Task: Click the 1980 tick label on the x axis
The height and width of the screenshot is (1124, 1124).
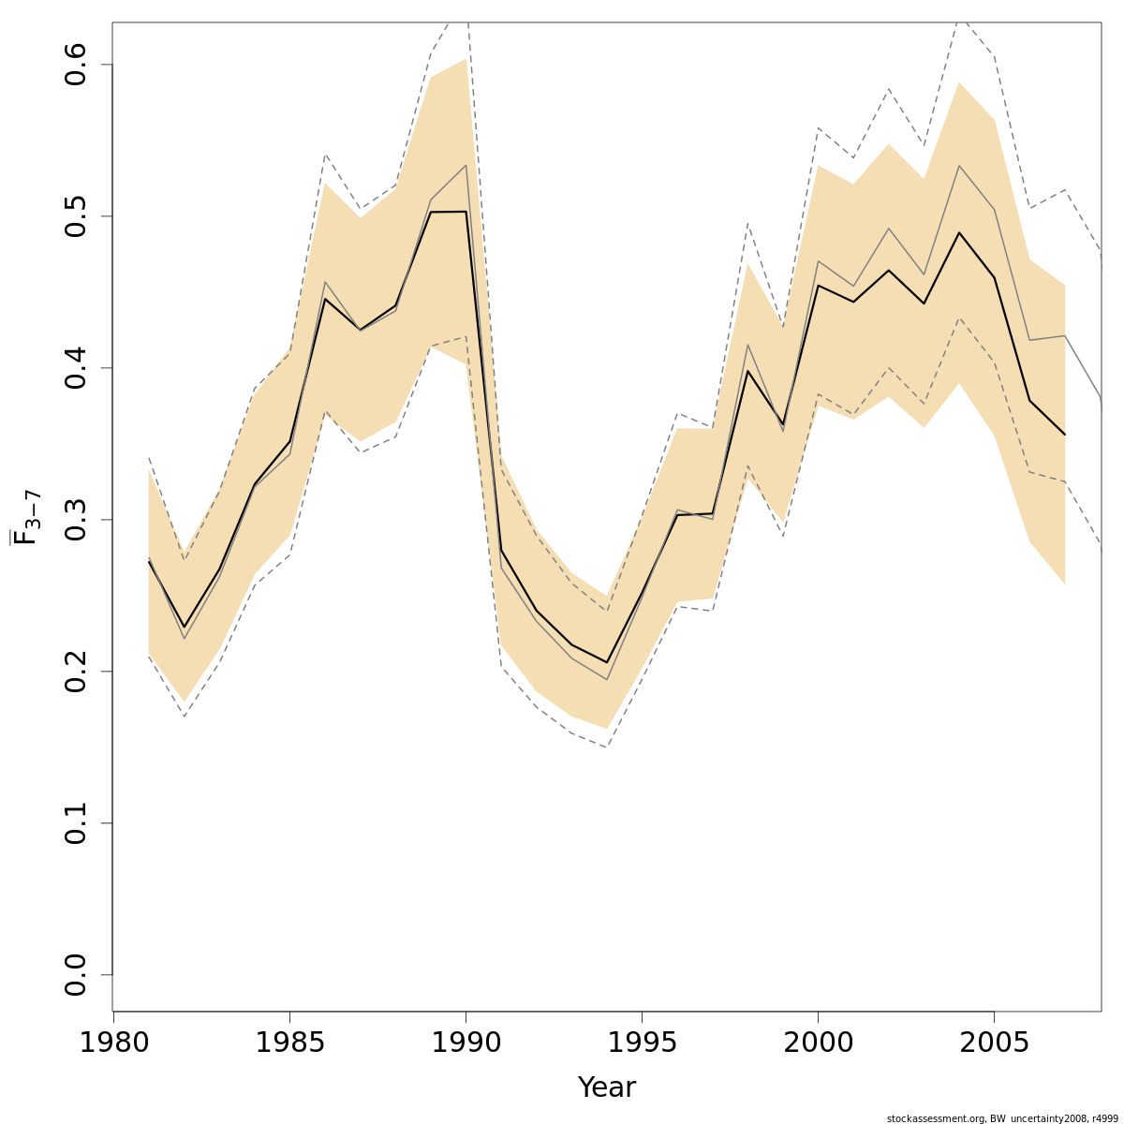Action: click(x=113, y=1043)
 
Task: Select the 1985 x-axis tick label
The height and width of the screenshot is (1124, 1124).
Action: click(x=289, y=1043)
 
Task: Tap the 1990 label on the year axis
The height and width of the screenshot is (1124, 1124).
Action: click(x=466, y=1043)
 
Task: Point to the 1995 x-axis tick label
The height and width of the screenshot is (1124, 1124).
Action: click(x=642, y=1043)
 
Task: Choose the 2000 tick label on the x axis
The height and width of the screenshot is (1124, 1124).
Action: click(x=818, y=1043)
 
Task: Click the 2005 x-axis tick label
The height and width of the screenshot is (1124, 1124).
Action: click(x=994, y=1043)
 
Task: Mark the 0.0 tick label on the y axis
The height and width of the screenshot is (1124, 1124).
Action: click(x=77, y=975)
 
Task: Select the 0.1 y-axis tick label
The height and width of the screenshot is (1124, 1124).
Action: click(x=77, y=823)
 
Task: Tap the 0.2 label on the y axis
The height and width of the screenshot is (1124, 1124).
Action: click(x=77, y=672)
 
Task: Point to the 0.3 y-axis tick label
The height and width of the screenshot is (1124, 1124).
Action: click(x=77, y=520)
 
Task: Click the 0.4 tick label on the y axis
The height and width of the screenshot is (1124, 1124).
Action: click(x=77, y=368)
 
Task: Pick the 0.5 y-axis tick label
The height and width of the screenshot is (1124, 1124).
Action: click(x=77, y=216)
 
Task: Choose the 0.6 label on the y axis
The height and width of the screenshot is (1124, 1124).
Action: click(x=77, y=65)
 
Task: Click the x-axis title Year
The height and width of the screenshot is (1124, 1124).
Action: click(x=606, y=1087)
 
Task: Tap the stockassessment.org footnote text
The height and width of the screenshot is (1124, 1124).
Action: click(x=1001, y=1117)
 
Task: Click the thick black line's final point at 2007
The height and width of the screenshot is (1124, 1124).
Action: click(x=1065, y=435)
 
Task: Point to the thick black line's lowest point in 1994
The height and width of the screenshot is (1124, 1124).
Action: click(x=607, y=662)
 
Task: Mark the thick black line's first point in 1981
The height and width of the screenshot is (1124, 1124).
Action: click(x=149, y=560)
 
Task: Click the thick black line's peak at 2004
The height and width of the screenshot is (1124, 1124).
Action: click(x=959, y=232)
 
